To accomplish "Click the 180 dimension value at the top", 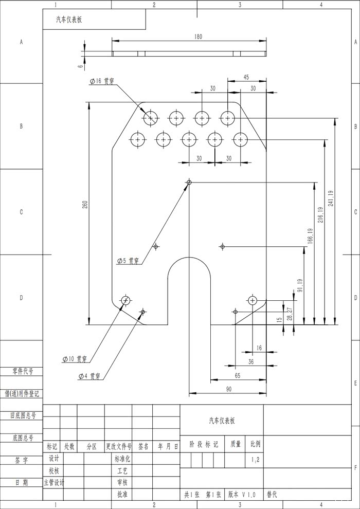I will (x=198, y=37).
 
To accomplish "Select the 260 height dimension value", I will (x=85, y=204).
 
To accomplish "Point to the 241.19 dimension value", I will (x=331, y=198).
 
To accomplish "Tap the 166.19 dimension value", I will (x=310, y=237).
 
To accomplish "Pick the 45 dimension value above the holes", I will (x=246, y=77).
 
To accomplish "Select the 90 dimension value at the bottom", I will (x=228, y=389).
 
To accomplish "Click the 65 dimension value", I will (x=237, y=376).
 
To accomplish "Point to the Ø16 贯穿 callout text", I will (x=102, y=81).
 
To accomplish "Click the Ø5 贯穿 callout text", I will (x=128, y=261).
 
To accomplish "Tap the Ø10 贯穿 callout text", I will (x=75, y=359).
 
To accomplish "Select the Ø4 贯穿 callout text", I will (x=89, y=376).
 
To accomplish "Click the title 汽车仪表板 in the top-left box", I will (x=69, y=20).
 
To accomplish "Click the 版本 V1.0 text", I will (x=242, y=495).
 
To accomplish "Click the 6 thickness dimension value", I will (x=81, y=66).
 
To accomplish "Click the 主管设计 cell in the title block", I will (x=54, y=483).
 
